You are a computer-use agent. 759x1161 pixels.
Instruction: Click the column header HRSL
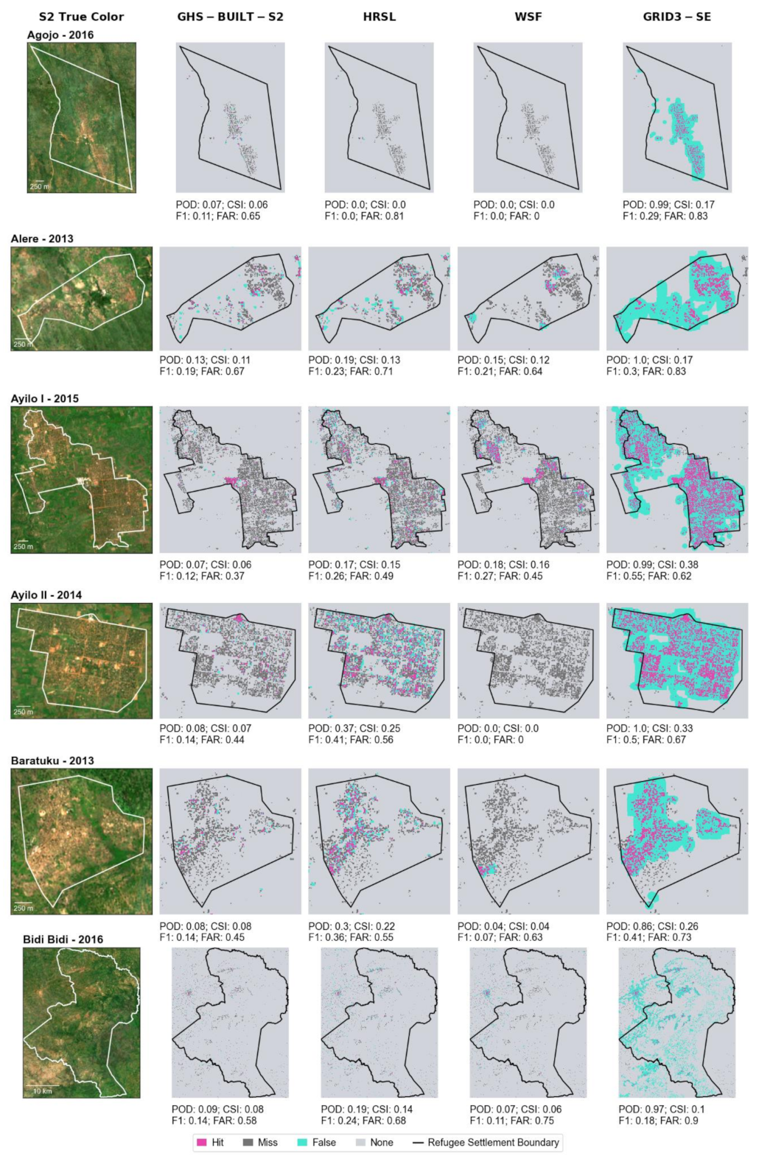[379, 16]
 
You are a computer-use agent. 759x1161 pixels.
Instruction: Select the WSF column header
[528, 16]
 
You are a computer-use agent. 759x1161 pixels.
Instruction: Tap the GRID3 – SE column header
[676, 16]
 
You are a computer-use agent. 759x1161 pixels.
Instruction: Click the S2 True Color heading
[81, 16]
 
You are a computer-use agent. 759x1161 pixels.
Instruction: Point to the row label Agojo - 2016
[60, 35]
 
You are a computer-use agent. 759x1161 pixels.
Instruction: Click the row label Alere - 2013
[42, 239]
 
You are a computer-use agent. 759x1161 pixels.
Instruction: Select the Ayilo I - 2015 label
[44, 398]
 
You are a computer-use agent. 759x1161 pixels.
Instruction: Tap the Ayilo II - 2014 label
[46, 595]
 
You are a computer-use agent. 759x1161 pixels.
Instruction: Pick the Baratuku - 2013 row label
[52, 761]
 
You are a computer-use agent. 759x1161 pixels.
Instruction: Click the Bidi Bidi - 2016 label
[63, 939]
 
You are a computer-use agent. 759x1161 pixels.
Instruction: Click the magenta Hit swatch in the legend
[201, 1143]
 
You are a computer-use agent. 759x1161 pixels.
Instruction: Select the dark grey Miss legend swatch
[248, 1143]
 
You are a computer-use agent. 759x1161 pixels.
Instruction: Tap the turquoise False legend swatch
[302, 1143]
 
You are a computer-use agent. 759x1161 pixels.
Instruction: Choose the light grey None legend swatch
[360, 1143]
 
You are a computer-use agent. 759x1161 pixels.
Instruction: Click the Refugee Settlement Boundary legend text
[493, 1143]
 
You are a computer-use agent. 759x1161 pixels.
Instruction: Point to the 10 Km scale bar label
[43, 1091]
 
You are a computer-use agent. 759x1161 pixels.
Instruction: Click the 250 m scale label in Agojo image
[40, 187]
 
